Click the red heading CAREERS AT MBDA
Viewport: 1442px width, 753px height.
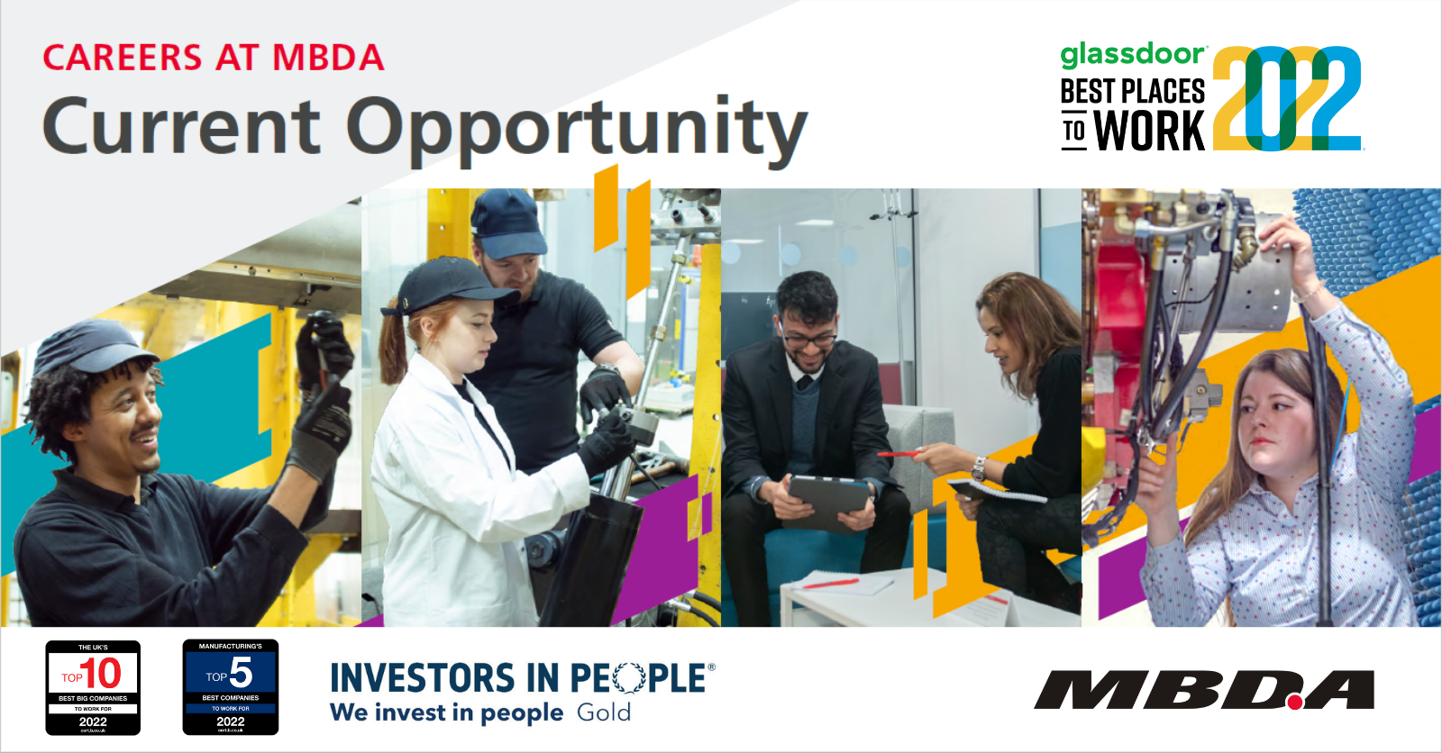click(214, 58)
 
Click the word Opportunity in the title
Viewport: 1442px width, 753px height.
click(577, 128)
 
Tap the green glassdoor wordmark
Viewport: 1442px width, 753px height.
click(1132, 55)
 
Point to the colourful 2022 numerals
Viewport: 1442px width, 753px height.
click(1286, 99)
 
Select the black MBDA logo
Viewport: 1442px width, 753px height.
click(1204, 691)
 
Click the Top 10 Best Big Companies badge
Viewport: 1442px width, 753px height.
click(93, 687)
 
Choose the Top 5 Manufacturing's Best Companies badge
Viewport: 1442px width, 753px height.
click(231, 687)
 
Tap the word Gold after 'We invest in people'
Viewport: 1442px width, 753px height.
click(604, 712)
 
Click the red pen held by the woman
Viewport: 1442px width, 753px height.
click(898, 454)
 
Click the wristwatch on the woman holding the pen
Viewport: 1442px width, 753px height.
click(978, 467)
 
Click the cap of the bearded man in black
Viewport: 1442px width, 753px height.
click(507, 222)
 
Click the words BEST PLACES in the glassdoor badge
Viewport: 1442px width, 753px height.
click(1132, 92)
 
